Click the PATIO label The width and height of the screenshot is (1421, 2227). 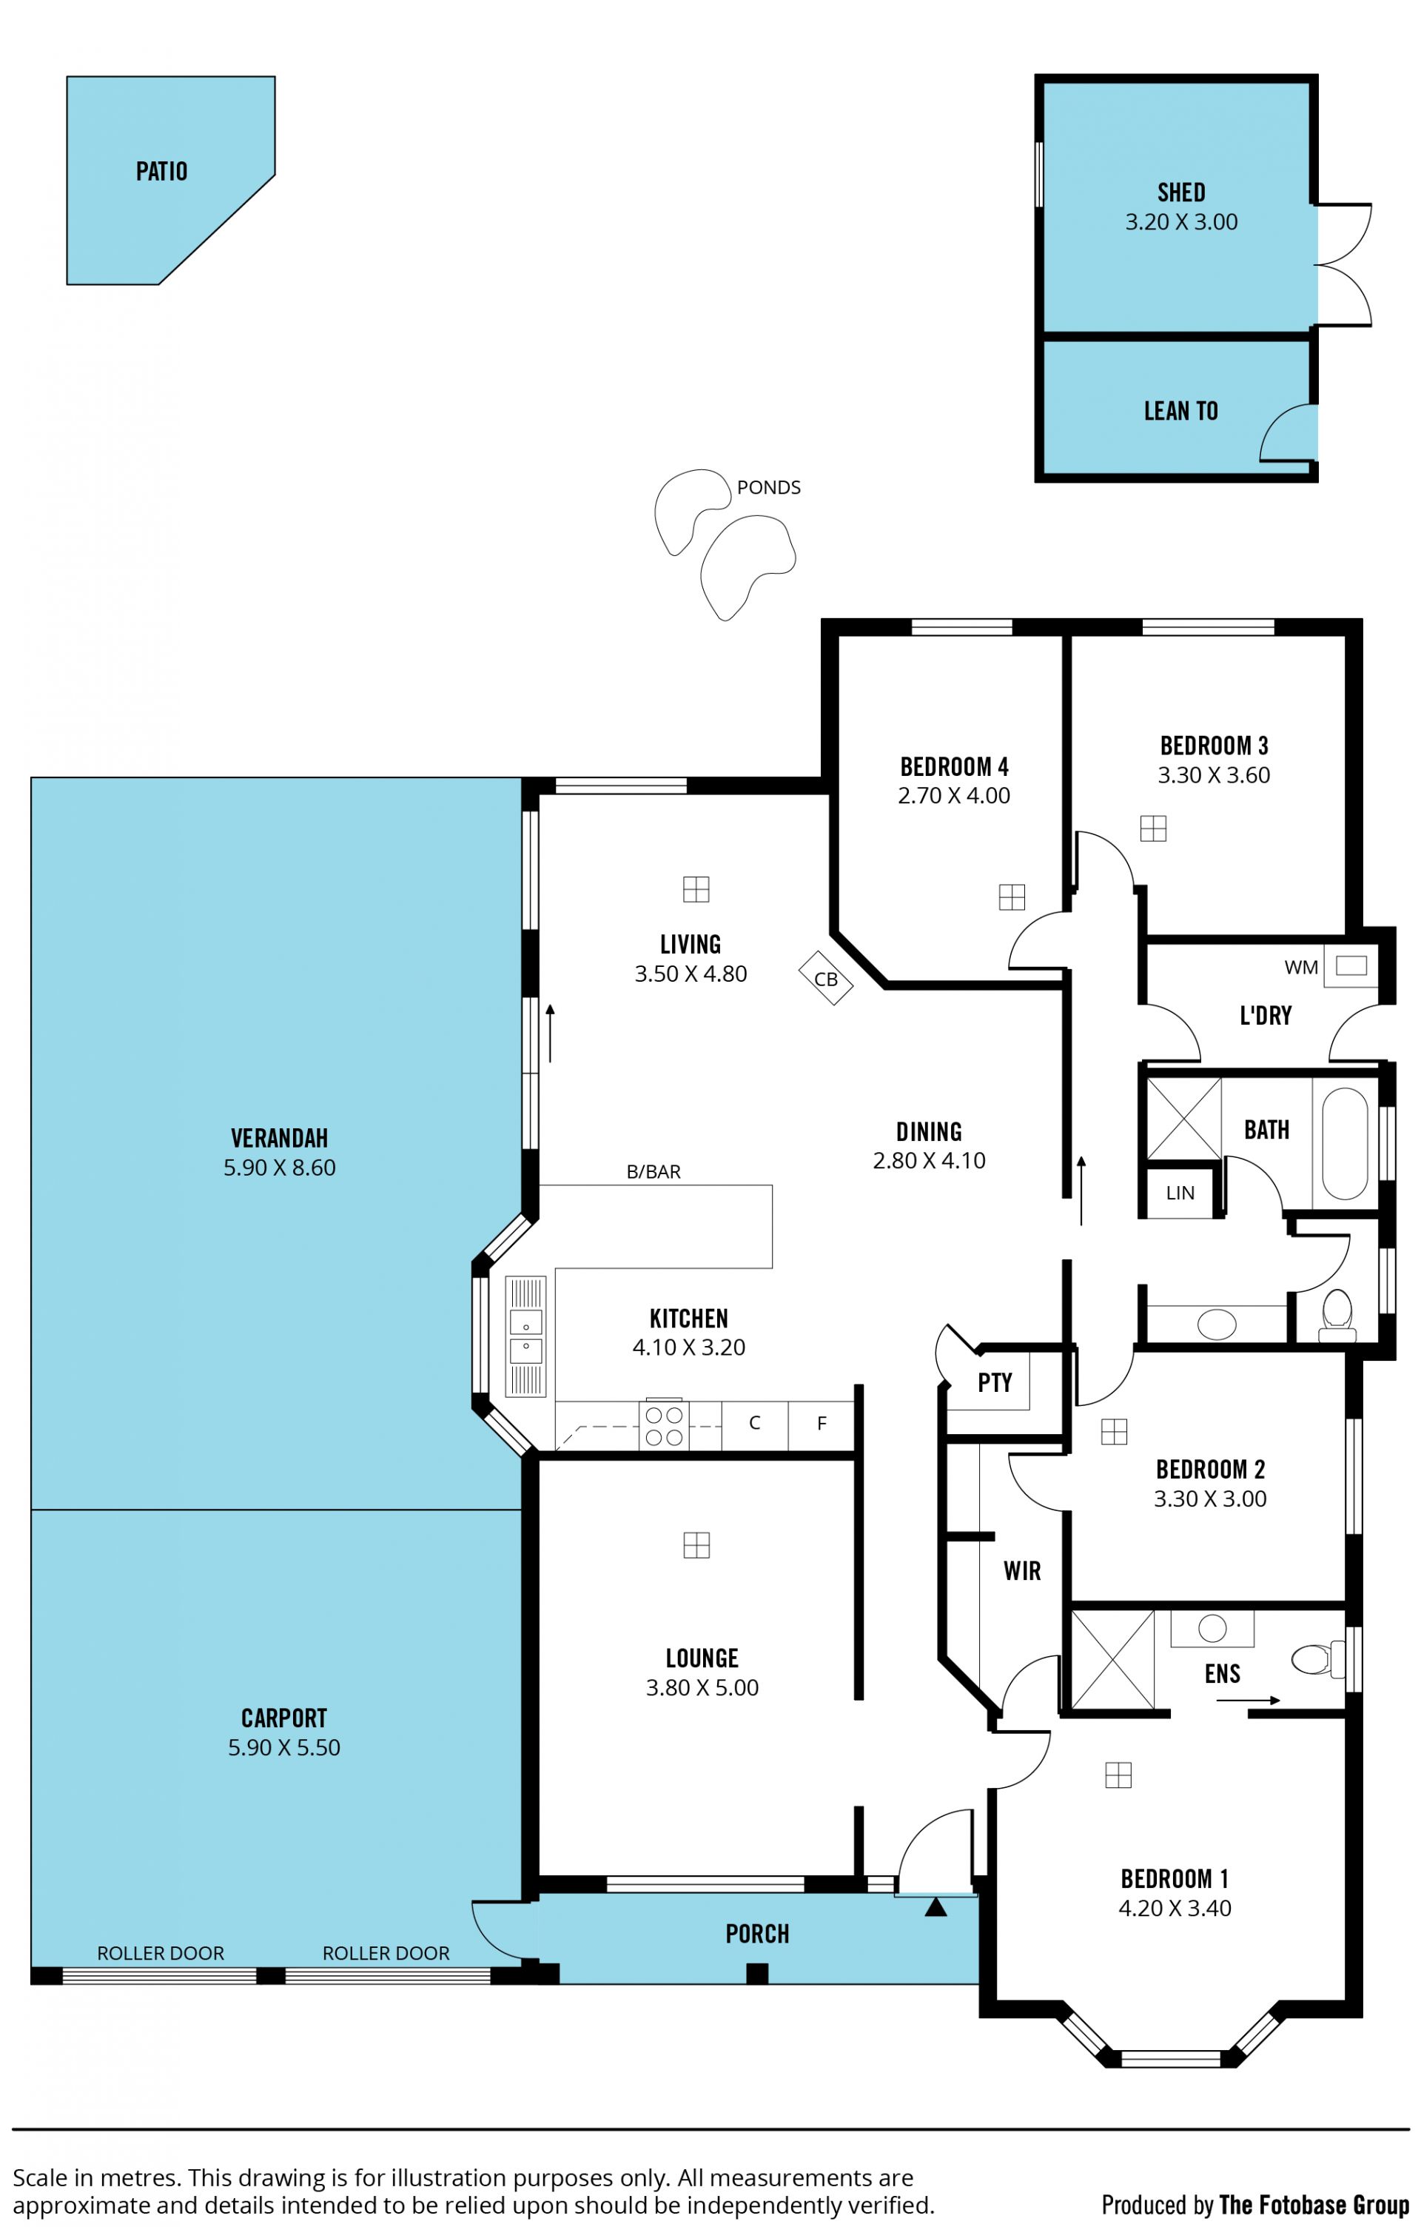point(162,171)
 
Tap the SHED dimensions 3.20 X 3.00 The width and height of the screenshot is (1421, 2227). point(1180,222)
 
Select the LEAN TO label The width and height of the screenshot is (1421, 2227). point(1180,411)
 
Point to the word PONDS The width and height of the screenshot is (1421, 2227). point(768,487)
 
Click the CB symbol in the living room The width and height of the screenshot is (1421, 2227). point(826,979)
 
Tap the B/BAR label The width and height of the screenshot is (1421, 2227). point(654,1172)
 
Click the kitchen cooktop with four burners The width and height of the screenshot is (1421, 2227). point(664,1424)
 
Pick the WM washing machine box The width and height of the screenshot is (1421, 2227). point(1351,966)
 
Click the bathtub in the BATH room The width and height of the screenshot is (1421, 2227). point(1344,1144)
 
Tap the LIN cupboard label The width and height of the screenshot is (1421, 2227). point(1180,1193)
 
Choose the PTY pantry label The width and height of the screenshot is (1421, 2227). point(995,1383)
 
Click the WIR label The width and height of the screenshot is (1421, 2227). point(1021,1571)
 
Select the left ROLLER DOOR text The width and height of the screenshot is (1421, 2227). point(161,1953)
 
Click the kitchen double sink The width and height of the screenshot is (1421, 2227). point(526,1336)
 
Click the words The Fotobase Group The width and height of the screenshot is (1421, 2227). point(1314,2204)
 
